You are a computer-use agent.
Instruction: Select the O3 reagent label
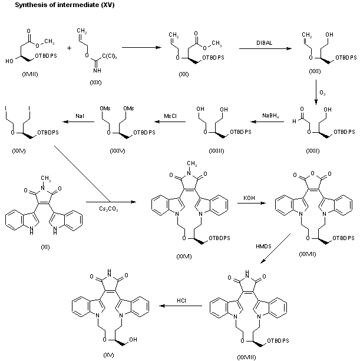(322, 93)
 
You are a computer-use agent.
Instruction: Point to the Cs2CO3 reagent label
(97, 202)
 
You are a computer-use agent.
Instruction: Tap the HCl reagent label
(181, 301)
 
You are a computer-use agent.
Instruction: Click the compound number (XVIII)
(29, 76)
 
